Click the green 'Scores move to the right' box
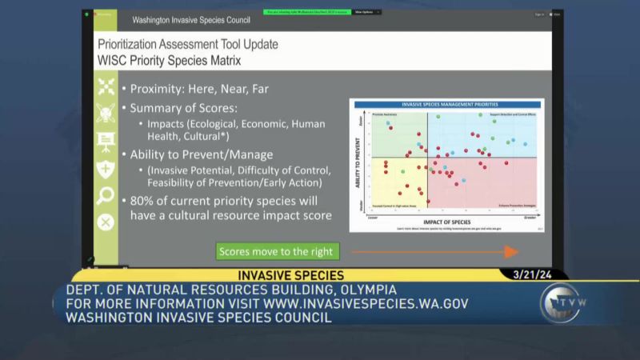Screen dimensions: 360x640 [x=275, y=252]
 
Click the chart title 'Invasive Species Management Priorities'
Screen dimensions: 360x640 [x=447, y=105]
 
